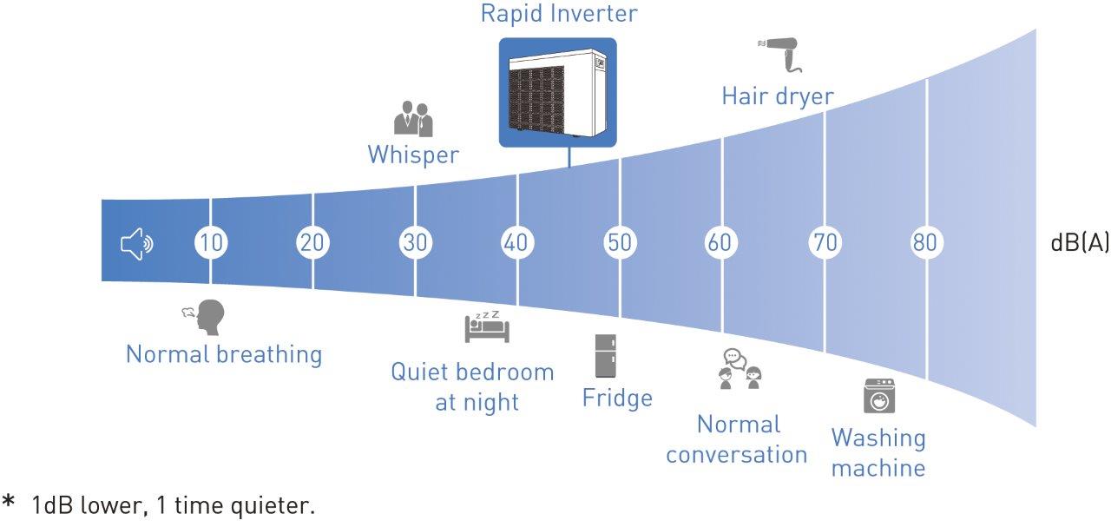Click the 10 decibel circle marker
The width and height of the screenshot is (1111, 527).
pos(210,243)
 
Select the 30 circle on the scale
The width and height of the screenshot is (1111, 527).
pos(416,243)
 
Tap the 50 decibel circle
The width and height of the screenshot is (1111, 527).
pos(620,243)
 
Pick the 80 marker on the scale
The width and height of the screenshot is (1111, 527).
pos(925,243)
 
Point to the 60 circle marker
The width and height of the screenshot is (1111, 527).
pos(720,243)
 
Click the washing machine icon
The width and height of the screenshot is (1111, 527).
pos(878,395)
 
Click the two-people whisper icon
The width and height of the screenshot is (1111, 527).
pos(413,119)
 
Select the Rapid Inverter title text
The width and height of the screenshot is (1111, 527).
pos(559,14)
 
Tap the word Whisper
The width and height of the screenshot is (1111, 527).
pos(413,155)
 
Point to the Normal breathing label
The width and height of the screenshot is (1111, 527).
pos(224,354)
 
